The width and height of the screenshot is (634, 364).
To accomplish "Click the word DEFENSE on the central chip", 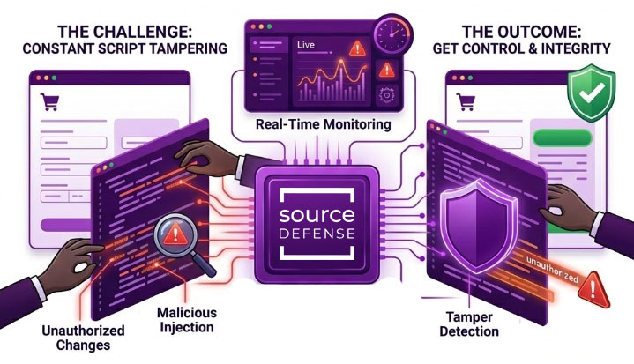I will (316, 235).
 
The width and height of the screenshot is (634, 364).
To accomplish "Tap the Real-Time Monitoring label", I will (321, 125).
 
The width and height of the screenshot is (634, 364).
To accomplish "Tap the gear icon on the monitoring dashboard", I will (385, 95).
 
